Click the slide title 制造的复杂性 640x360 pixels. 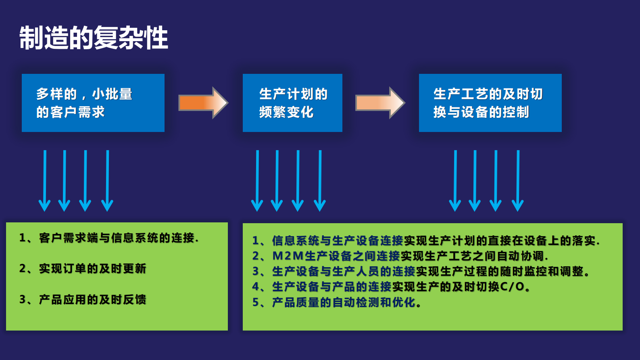(x=94, y=38)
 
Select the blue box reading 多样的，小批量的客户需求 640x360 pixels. (x=93, y=103)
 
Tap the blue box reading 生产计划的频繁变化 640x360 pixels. (x=292, y=103)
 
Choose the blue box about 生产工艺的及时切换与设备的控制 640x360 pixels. (x=490, y=103)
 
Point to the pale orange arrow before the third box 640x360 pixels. (x=379, y=103)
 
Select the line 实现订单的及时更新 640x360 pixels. (x=92, y=269)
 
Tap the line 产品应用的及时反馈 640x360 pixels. (x=92, y=299)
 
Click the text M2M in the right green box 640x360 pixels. (x=288, y=256)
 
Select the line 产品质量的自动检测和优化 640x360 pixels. (x=347, y=302)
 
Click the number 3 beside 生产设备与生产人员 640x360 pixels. (x=256, y=271)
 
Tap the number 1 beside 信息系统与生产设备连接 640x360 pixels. (x=256, y=241)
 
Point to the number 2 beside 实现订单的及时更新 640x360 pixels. (x=23, y=269)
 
